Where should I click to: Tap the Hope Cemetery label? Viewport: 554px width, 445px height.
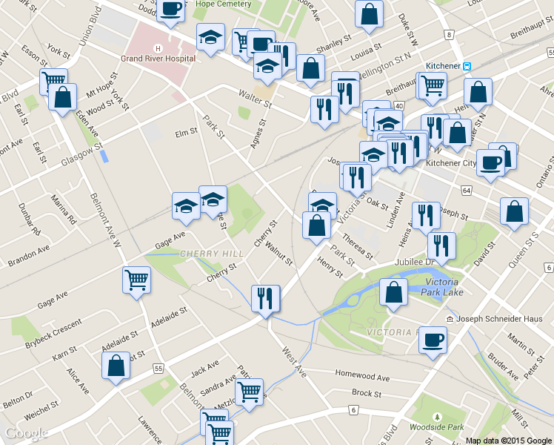click(x=221, y=3)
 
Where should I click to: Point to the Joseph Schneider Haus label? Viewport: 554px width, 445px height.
click(x=494, y=319)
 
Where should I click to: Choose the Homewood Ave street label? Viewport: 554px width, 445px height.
click(x=362, y=376)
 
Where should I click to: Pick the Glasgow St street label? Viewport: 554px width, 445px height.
click(x=81, y=156)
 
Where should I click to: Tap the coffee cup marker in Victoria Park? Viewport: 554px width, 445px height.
click(x=433, y=340)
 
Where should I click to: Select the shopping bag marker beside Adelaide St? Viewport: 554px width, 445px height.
click(x=116, y=366)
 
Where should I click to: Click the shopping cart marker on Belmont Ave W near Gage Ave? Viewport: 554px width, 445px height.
click(x=136, y=280)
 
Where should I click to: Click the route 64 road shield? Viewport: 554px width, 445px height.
click(x=466, y=191)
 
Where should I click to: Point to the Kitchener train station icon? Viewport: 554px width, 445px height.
click(x=467, y=66)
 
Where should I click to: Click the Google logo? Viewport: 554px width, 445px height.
click(x=26, y=433)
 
